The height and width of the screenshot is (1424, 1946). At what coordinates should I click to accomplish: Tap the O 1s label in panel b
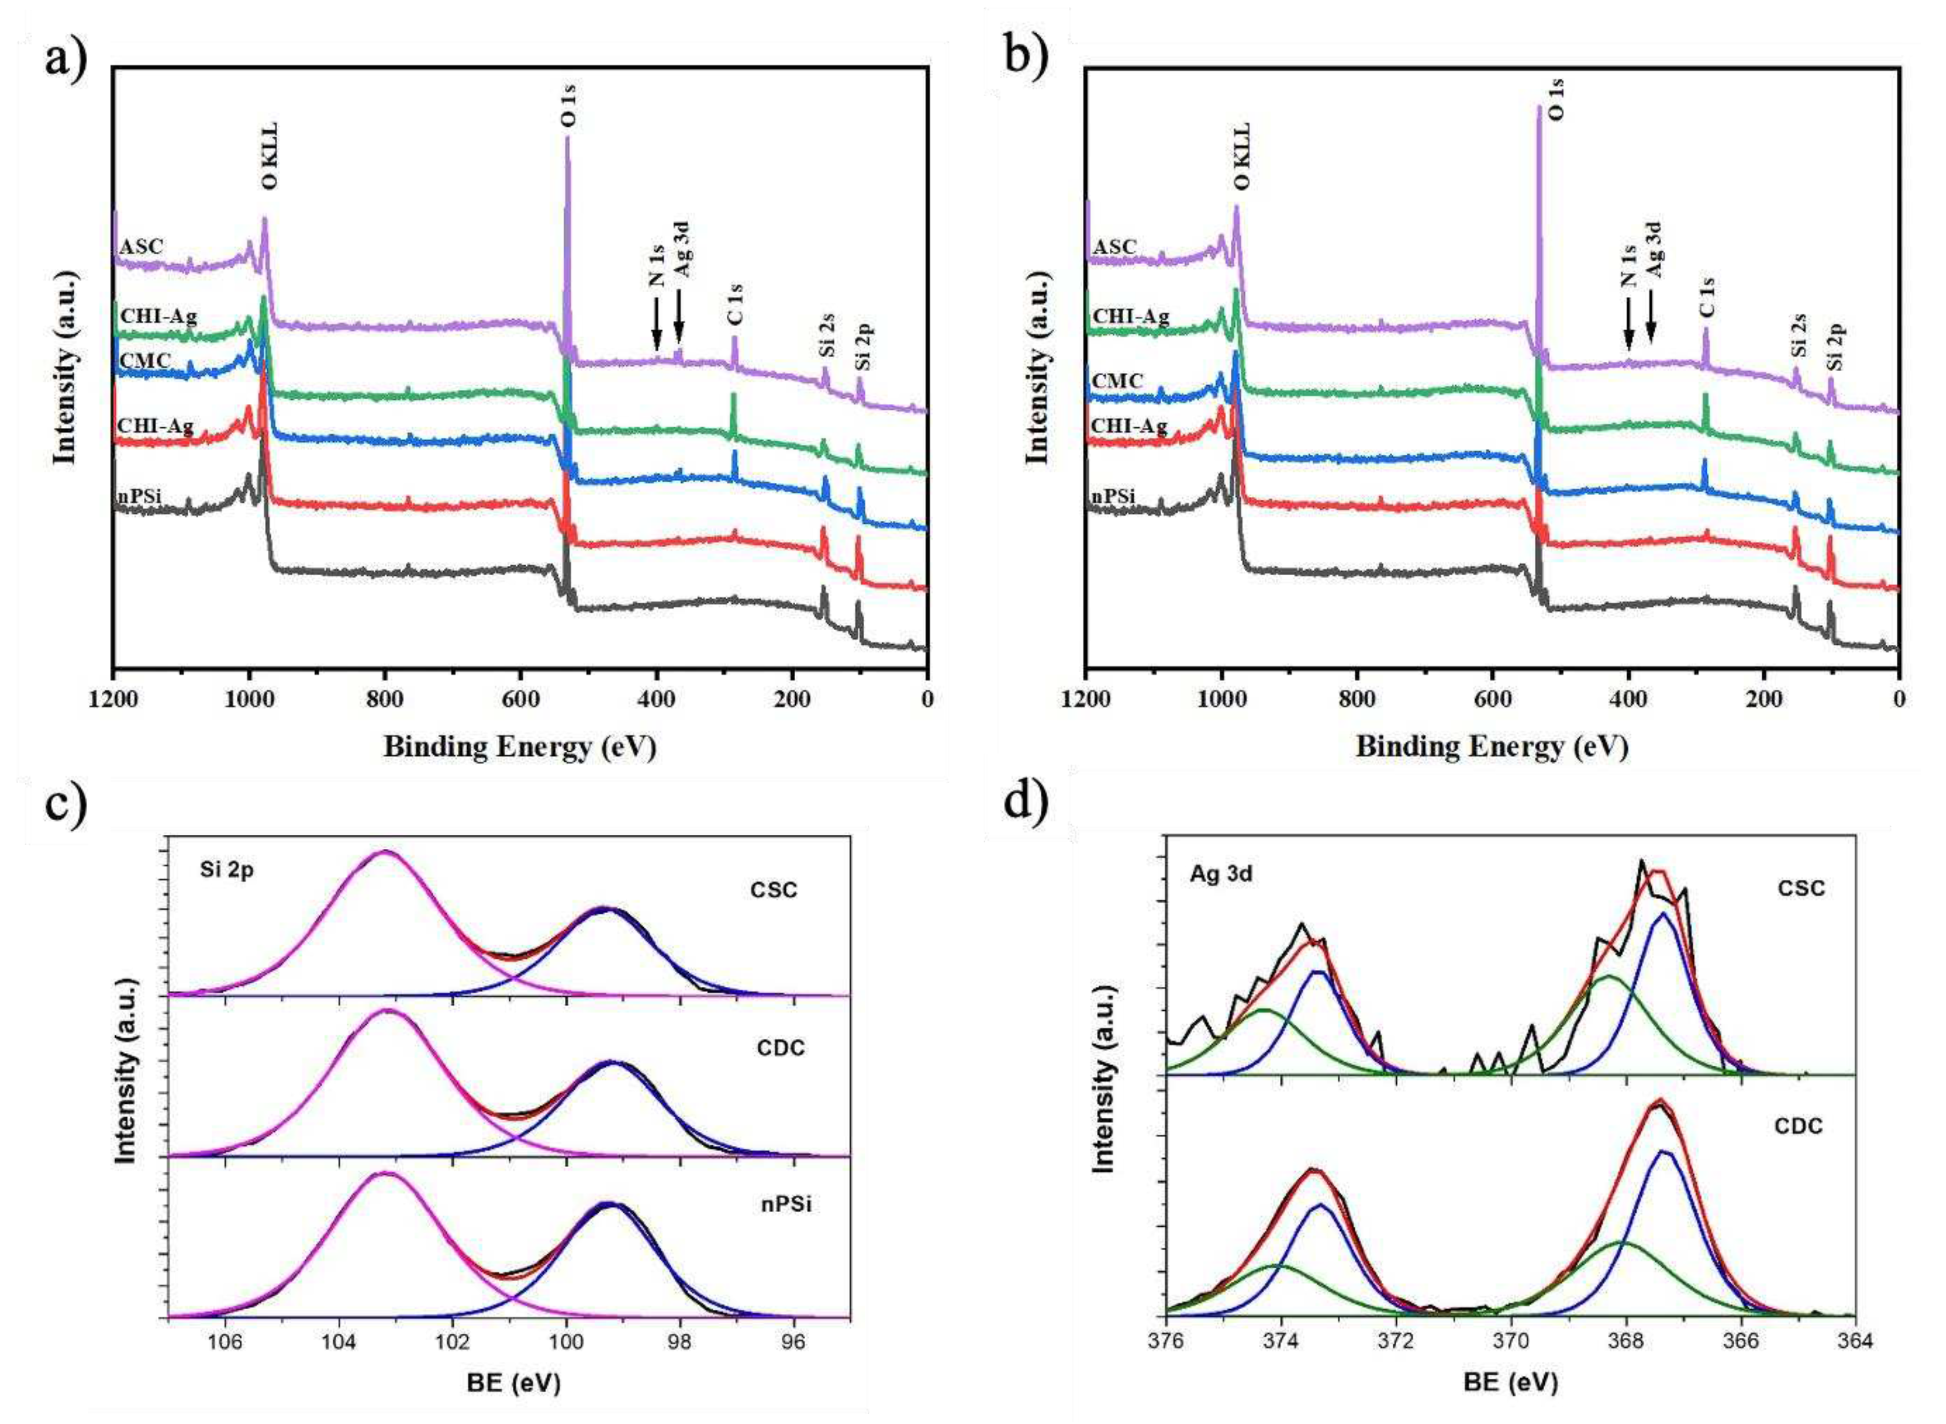coord(1557,99)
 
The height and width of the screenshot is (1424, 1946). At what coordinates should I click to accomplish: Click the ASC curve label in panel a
coord(141,247)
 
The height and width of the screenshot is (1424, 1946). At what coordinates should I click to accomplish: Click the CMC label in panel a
coord(145,360)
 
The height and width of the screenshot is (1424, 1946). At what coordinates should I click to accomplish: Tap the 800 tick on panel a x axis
coord(385,698)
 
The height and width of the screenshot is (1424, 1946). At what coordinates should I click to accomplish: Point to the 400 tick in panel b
coord(1628,698)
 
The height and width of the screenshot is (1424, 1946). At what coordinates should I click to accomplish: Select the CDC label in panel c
coord(780,1048)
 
